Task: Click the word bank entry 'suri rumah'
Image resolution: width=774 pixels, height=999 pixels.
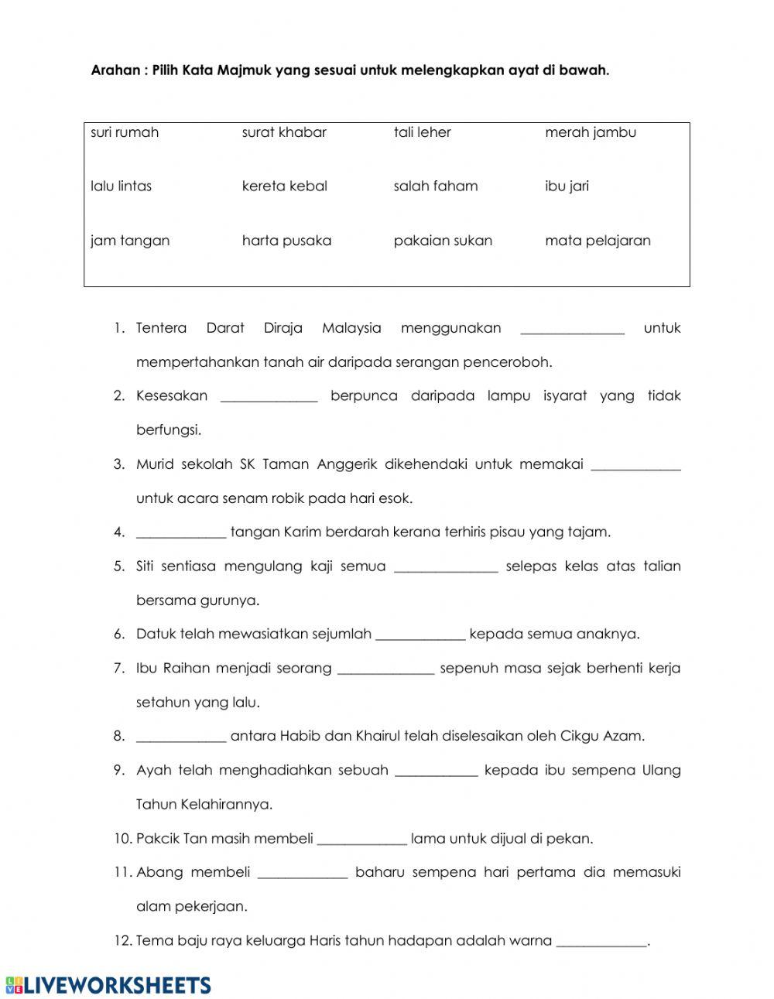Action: point(125,132)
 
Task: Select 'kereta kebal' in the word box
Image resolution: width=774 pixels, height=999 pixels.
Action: point(284,186)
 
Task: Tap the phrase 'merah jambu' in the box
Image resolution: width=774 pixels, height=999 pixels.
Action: point(591,132)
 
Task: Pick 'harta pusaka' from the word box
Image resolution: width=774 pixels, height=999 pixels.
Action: point(286,241)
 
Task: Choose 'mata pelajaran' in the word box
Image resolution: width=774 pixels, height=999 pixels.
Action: point(598,241)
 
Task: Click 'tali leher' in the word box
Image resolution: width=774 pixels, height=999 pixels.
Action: point(422,132)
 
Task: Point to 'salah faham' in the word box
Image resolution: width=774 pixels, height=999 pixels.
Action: point(436,186)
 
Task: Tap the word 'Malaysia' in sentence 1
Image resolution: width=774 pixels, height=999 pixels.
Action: point(351,328)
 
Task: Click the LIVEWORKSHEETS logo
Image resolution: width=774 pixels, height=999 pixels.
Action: point(108,984)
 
